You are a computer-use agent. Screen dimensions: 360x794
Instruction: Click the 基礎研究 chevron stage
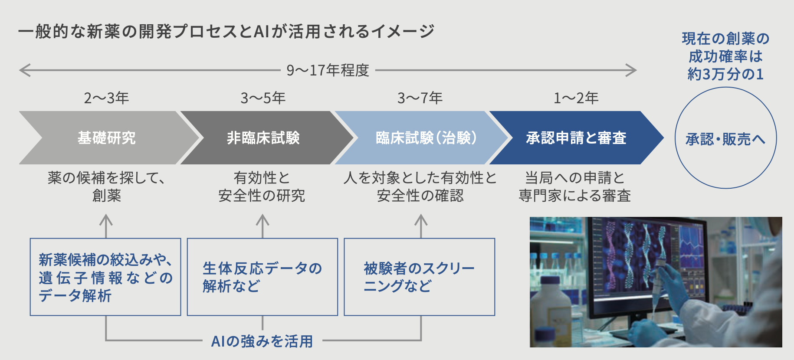(106, 138)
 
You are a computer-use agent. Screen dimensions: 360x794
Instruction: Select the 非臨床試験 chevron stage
(263, 138)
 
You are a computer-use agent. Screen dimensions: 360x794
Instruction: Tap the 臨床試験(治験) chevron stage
(425, 138)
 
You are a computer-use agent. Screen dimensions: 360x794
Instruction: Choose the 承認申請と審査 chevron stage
(576, 138)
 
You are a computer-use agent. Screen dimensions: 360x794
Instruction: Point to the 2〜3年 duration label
(106, 98)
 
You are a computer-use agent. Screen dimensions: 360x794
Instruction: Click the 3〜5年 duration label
(263, 98)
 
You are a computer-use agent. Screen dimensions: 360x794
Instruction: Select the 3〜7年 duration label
(420, 98)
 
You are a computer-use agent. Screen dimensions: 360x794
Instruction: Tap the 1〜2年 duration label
(576, 98)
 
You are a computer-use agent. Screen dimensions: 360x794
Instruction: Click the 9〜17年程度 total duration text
(328, 70)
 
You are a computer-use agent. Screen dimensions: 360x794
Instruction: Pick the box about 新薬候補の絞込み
(105, 277)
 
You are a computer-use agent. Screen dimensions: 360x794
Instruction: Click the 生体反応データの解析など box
(262, 277)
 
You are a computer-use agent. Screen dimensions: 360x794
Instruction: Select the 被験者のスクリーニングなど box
(420, 277)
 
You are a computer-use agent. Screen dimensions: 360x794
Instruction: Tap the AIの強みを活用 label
(262, 341)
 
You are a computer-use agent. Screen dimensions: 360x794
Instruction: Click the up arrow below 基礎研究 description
(106, 226)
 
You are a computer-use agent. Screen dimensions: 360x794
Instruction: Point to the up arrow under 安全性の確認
(421, 226)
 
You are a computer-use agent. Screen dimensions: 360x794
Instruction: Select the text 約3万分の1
(725, 74)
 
